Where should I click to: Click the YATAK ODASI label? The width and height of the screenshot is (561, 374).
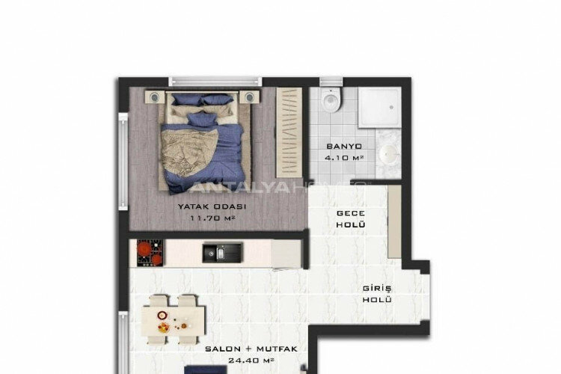click(203, 206)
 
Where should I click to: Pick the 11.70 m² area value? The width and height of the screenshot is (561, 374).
click(203, 218)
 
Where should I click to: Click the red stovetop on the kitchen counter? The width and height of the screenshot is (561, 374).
click(150, 253)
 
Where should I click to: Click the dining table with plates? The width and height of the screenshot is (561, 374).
click(173, 317)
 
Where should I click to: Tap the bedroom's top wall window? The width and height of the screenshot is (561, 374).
click(215, 80)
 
